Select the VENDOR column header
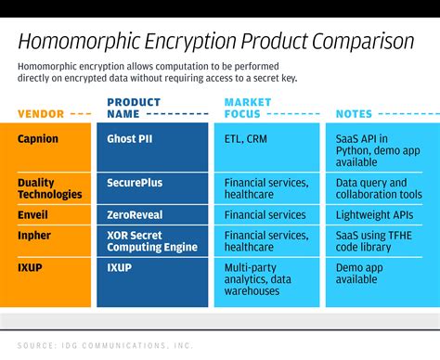click(41, 114)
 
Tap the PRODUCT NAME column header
click(134, 108)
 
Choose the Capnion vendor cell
click(38, 139)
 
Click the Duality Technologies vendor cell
click(50, 188)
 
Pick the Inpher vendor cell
click(34, 236)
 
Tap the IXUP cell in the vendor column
click(31, 267)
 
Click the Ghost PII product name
click(136, 139)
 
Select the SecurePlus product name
click(136, 183)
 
